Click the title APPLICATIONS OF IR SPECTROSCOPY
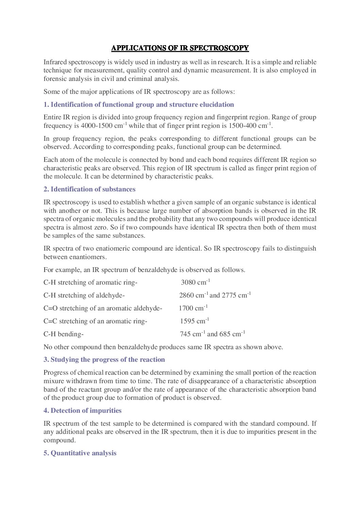click(180, 48)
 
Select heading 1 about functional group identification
click(138, 104)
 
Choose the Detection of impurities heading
click(82, 410)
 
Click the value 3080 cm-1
click(195, 282)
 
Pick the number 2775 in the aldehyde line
click(229, 295)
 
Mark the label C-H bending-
click(63, 334)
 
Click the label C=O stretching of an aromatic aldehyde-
click(102, 308)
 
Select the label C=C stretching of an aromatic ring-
click(95, 321)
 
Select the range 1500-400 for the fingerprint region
click(242, 125)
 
